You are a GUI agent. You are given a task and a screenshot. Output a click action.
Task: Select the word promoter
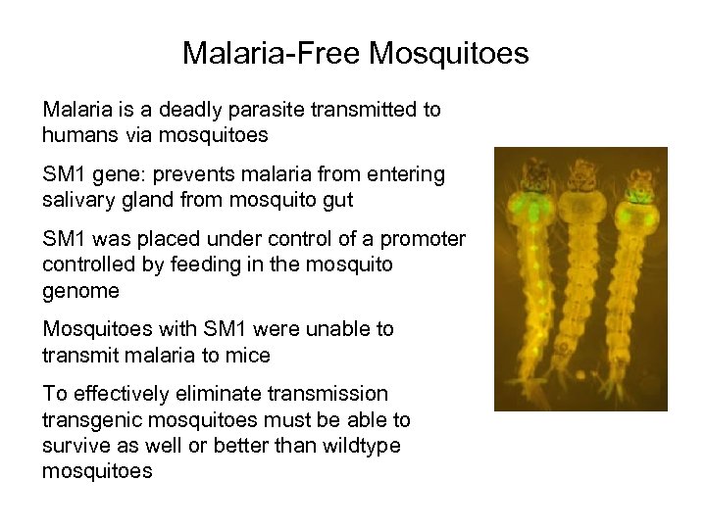pyautogui.click(x=425, y=239)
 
